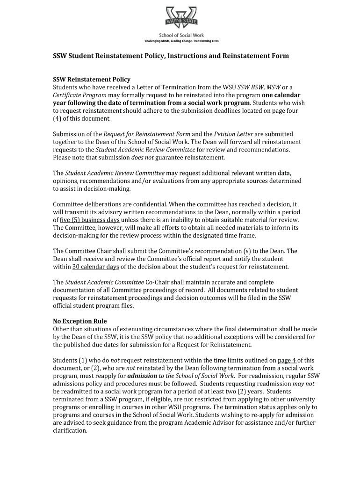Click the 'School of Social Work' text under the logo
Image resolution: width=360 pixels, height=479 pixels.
coord(181,36)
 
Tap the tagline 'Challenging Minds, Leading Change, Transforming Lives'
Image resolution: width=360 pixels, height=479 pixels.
coord(181,41)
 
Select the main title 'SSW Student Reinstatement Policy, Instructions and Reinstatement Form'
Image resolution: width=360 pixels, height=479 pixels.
coord(171,56)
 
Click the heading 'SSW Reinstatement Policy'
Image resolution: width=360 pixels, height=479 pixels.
coord(92,80)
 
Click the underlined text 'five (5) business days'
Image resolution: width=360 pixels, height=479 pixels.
coord(90,220)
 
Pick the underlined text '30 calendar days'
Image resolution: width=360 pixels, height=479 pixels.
coord(96,267)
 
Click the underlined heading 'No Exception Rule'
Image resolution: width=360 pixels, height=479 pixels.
coord(80,321)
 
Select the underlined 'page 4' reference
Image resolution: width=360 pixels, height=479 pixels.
coord(287,360)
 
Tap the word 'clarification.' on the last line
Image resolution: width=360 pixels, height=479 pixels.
coord(70,431)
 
